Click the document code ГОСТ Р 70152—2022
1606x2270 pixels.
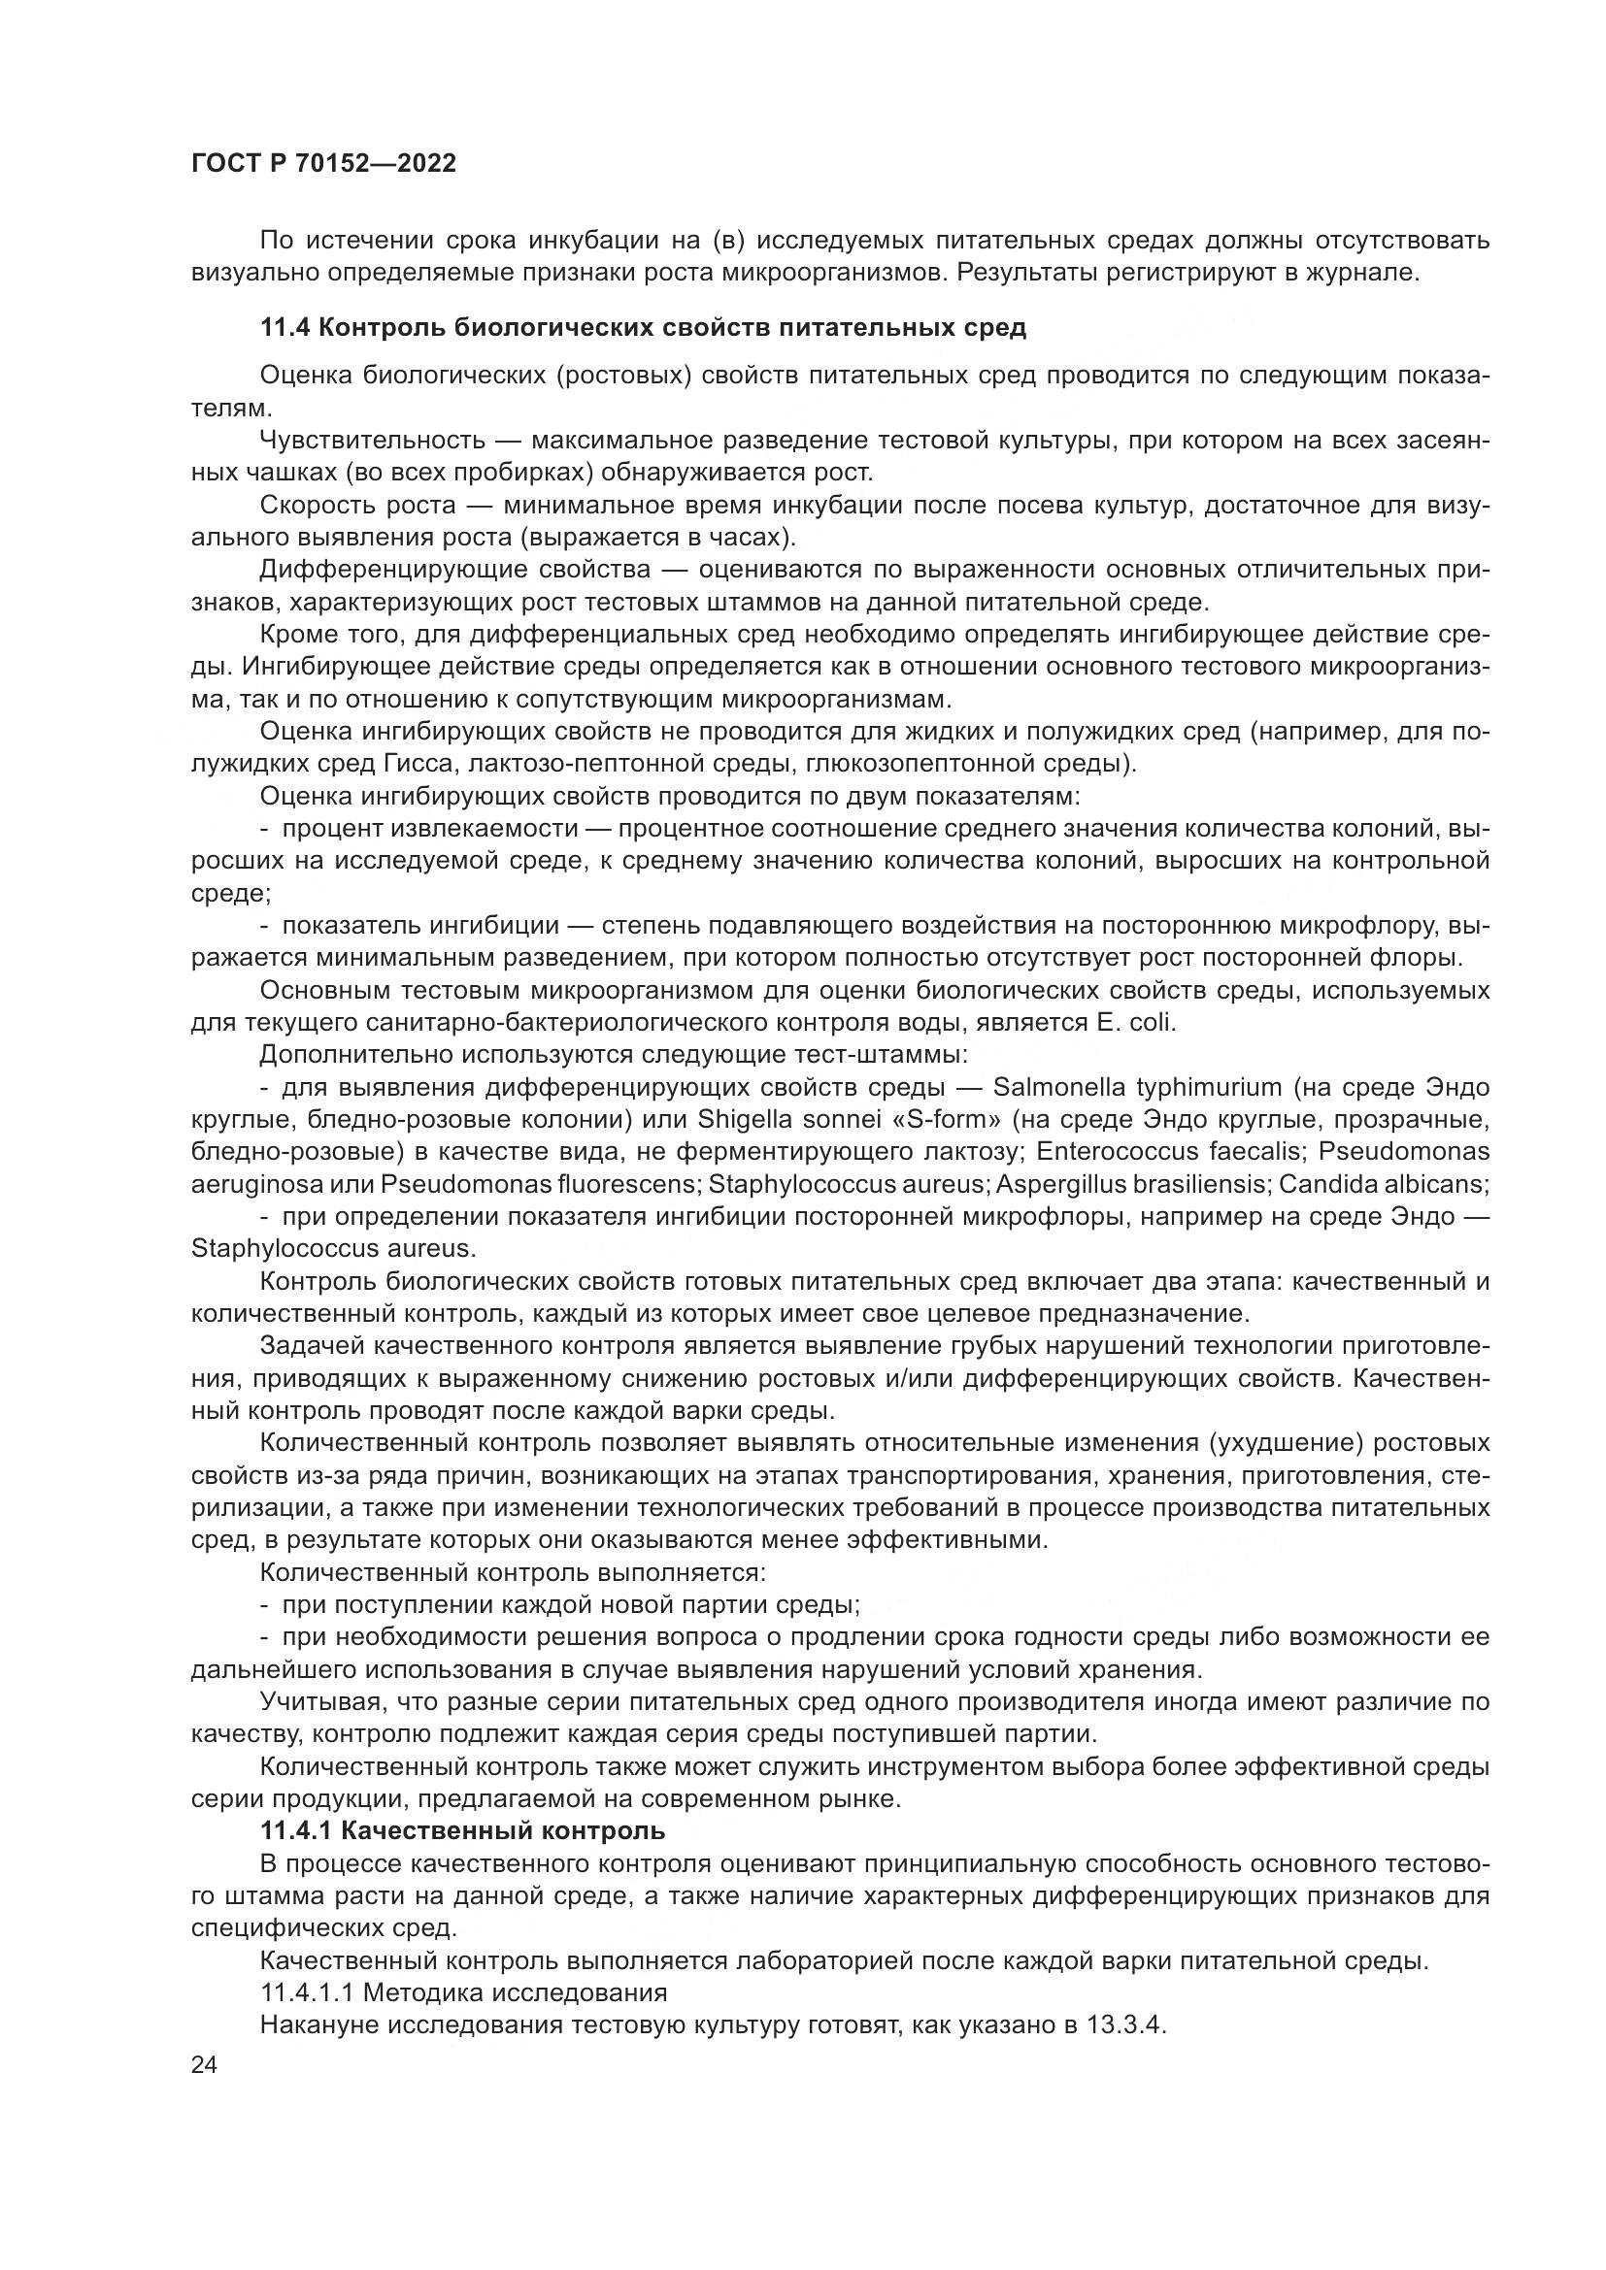323,164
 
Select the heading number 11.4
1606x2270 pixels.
284,328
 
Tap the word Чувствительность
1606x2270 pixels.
373,441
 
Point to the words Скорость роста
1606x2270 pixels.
357,506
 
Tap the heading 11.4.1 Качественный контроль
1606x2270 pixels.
463,1831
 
